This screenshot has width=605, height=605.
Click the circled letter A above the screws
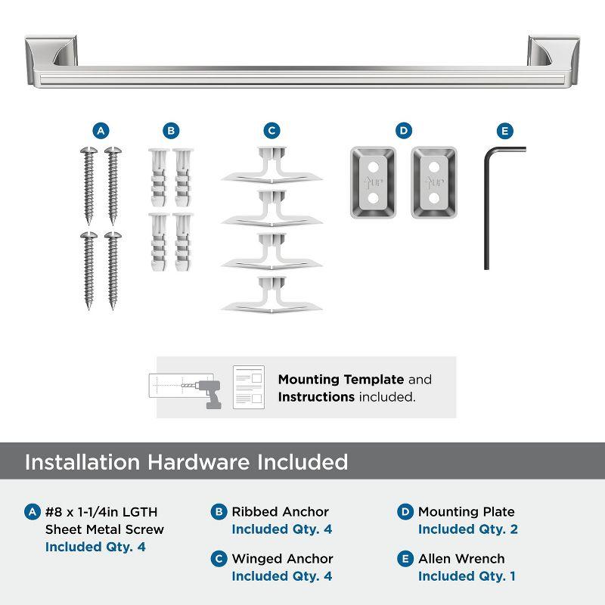pyautogui.click(x=100, y=130)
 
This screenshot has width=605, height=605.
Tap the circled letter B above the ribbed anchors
pyautogui.click(x=172, y=130)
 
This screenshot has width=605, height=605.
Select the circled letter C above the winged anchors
pyautogui.click(x=272, y=130)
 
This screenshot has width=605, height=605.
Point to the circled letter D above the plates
pyautogui.click(x=404, y=130)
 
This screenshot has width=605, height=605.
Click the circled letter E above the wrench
pyautogui.click(x=505, y=130)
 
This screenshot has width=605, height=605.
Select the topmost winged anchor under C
pyautogui.click(x=271, y=166)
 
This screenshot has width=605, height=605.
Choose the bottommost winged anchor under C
pyautogui.click(x=271, y=295)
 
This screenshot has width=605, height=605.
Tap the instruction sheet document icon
pyautogui.click(x=250, y=387)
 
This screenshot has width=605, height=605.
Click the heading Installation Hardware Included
pyautogui.click(x=186, y=462)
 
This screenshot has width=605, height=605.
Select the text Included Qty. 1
pyautogui.click(x=467, y=576)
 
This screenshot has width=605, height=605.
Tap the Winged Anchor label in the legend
pyautogui.click(x=282, y=559)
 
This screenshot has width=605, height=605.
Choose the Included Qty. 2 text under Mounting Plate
pyautogui.click(x=467, y=529)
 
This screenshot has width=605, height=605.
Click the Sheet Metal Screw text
pyautogui.click(x=104, y=529)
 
